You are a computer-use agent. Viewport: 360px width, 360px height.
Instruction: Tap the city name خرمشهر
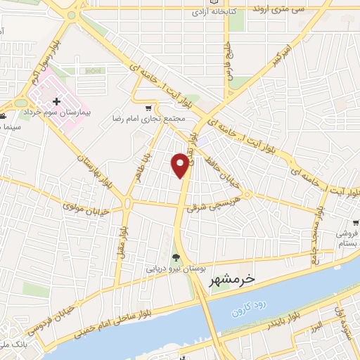231,280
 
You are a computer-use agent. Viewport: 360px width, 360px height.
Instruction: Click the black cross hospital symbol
57,102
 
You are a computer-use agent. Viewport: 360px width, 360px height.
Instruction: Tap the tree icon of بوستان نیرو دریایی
176,257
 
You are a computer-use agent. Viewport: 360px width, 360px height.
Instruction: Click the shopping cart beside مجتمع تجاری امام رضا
148,108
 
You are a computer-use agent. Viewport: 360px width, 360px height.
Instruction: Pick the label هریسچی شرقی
217,200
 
